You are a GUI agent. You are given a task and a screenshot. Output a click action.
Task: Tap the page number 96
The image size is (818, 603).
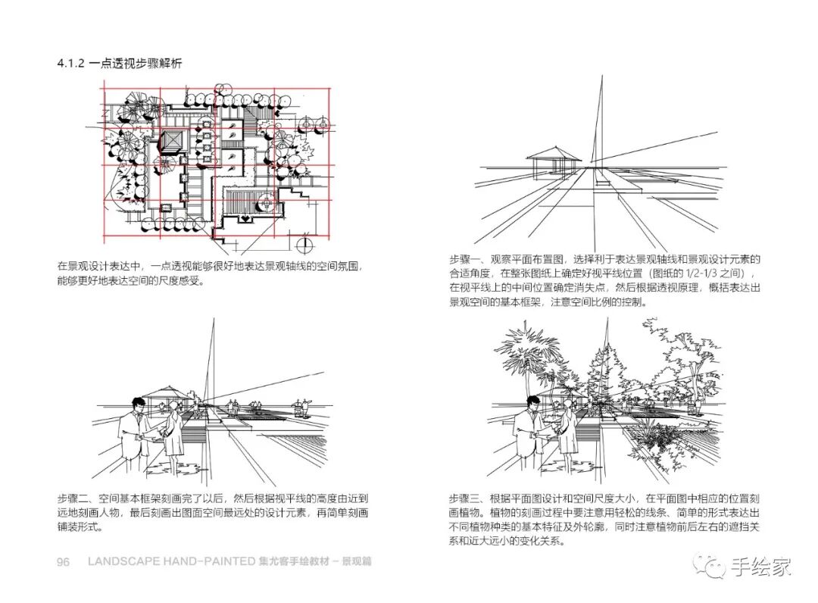coord(64,562)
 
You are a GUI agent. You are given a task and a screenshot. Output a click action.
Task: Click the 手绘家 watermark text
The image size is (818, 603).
coord(760,566)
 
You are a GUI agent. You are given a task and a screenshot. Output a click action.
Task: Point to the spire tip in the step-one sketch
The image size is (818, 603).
coord(601,78)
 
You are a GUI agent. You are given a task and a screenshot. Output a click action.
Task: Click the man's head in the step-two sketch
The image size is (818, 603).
coord(137,406)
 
